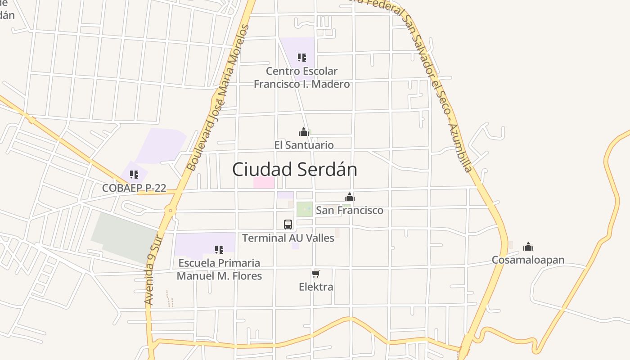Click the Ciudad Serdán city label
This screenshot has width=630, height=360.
[x=295, y=170]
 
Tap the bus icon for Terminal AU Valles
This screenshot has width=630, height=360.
[x=288, y=224]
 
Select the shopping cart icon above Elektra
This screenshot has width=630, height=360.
[x=316, y=274]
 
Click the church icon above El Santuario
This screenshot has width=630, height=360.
[x=304, y=132]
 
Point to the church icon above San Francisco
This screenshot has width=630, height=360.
[x=350, y=197]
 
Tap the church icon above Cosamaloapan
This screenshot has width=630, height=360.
[x=528, y=247]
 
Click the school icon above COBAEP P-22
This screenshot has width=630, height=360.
[x=134, y=175]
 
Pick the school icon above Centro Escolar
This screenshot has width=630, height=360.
[x=302, y=58]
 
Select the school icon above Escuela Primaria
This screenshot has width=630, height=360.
[x=219, y=249]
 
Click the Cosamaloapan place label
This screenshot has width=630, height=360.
[x=528, y=260]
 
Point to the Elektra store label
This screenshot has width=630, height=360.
[x=316, y=287]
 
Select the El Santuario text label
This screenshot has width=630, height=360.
[x=304, y=145]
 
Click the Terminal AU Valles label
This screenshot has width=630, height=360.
[x=288, y=238]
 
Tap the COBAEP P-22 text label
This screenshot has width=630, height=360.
[x=134, y=188]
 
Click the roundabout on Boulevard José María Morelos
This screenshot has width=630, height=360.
[x=170, y=210]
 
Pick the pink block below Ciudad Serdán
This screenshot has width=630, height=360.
[x=264, y=182]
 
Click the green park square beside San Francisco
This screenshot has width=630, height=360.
[x=304, y=209]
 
